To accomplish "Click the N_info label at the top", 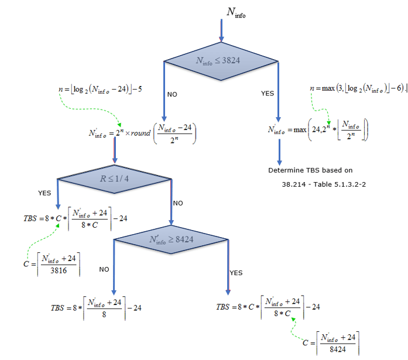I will tap(235, 13).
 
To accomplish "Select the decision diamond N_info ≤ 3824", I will tap(221, 60).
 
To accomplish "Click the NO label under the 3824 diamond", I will tap(172, 94).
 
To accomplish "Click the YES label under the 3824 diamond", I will tap(267, 94).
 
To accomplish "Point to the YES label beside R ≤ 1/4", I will tap(44, 193).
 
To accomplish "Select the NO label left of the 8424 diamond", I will tap(104, 270).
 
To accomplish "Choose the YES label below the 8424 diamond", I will tap(236, 273).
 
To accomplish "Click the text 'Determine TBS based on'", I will tap(310, 171).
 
